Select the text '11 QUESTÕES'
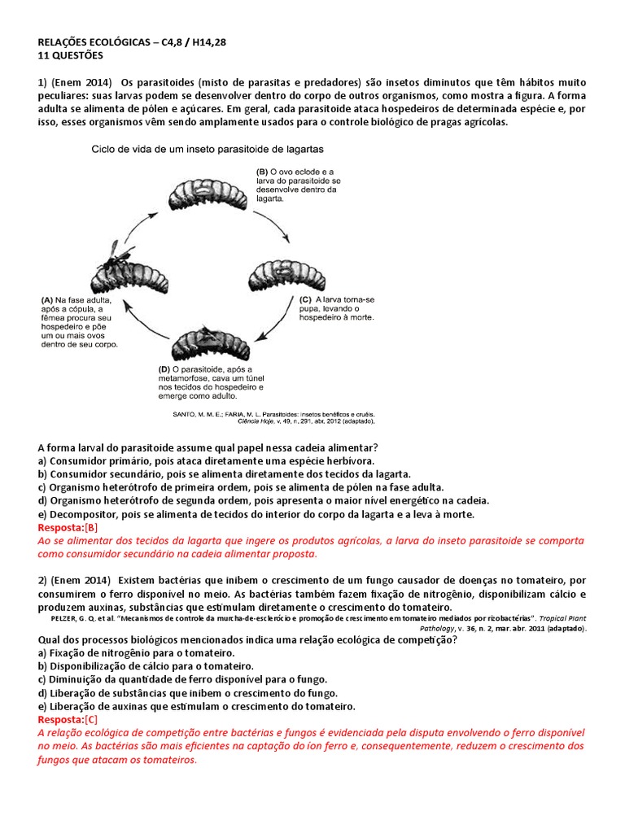71,55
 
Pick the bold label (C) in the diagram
295,299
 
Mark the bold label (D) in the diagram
166,369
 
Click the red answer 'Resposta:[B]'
68,528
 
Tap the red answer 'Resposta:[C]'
68,720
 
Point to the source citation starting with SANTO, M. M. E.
273,413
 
